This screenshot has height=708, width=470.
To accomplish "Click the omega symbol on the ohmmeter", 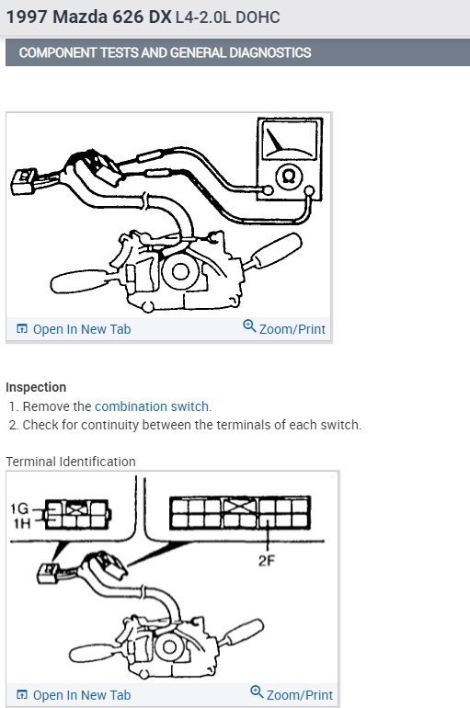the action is click(x=289, y=177).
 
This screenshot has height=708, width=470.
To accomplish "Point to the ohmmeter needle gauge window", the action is click(x=290, y=140).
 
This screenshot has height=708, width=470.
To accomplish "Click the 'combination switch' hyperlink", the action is click(x=152, y=406).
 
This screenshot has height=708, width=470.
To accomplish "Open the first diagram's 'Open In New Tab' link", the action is click(x=74, y=329).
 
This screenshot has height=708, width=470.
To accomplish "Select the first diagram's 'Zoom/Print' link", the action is click(x=284, y=328).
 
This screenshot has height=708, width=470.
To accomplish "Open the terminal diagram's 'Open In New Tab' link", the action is click(x=74, y=695).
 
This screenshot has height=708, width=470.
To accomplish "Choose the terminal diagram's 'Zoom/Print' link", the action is click(x=292, y=694).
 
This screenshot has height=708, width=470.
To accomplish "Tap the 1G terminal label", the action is click(x=19, y=508).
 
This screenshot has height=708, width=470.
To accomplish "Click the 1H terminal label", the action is click(x=22, y=523).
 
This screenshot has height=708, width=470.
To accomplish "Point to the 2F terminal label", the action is click(x=267, y=561).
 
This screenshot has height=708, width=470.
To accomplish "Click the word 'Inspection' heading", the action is click(x=36, y=387).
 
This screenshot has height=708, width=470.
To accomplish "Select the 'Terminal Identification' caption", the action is click(x=71, y=462).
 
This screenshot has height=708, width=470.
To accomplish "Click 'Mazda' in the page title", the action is click(x=80, y=17).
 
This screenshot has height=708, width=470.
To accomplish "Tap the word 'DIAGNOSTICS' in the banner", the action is click(x=270, y=52).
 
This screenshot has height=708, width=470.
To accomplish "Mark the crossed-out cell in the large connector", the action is click(x=241, y=506).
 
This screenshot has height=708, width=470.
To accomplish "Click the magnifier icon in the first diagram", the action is click(x=249, y=325).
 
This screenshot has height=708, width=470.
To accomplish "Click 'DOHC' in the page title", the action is click(x=258, y=17).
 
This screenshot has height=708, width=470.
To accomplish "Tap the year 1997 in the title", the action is click(x=27, y=17).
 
